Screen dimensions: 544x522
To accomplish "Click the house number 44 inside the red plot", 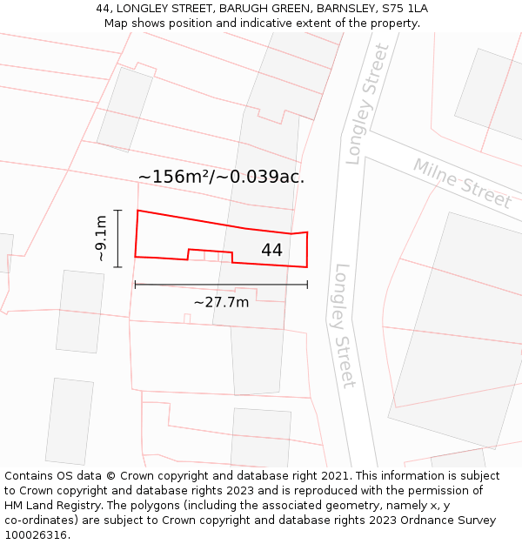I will click(271, 251).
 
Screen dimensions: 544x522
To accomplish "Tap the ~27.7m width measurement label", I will click(221, 302).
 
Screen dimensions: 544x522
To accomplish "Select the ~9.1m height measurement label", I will click(101, 238).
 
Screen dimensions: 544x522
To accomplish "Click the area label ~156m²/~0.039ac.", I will click(221, 177).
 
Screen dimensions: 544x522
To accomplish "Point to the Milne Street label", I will click(462, 183).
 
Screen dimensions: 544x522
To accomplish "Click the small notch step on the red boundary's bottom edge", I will click(189, 253).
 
